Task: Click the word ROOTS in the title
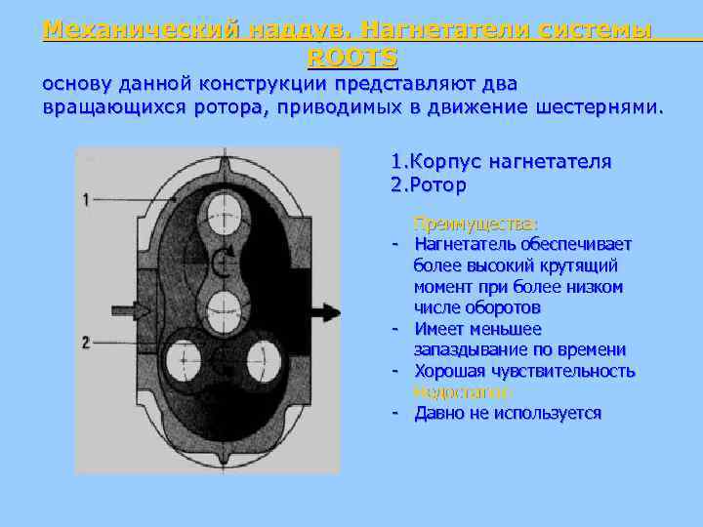pyautogui.click(x=351, y=57)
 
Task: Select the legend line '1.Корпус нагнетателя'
pyautogui.click(x=501, y=161)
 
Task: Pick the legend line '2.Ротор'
pyautogui.click(x=428, y=184)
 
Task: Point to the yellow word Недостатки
pyautogui.click(x=461, y=392)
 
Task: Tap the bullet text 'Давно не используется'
pyautogui.click(x=508, y=413)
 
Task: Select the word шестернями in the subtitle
pyautogui.click(x=597, y=104)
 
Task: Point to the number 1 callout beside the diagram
pyautogui.click(x=87, y=199)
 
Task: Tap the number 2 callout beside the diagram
pyautogui.click(x=87, y=342)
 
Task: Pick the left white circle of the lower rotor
pyautogui.click(x=181, y=360)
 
